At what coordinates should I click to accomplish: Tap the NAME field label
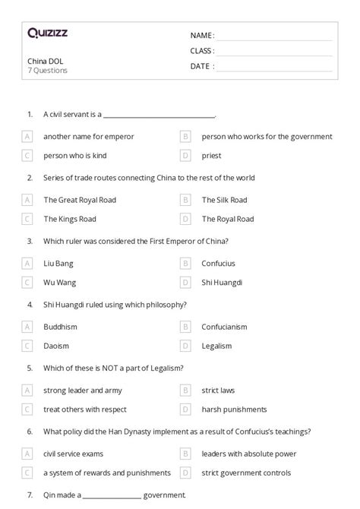tap(201, 36)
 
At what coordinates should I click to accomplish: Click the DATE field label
tap(201, 66)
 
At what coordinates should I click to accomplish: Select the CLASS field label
tap(202, 51)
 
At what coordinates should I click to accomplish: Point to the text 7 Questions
tap(47, 71)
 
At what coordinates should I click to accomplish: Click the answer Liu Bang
tap(59, 264)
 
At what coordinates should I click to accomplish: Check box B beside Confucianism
tap(185, 327)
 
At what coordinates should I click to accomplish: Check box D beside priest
tap(185, 155)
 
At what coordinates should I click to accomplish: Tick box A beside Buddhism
tap(28, 327)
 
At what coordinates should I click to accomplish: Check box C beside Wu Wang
tap(28, 282)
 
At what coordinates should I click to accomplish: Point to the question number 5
tap(30, 368)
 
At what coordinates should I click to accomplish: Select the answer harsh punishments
tap(234, 409)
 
